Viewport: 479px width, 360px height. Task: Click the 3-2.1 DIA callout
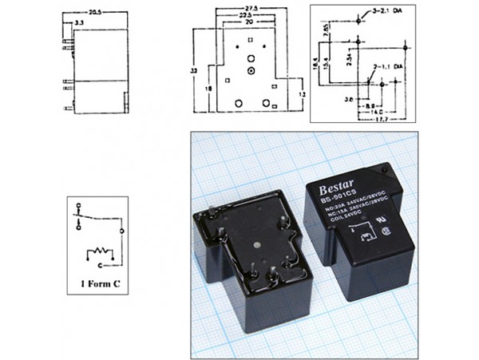[391, 14]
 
